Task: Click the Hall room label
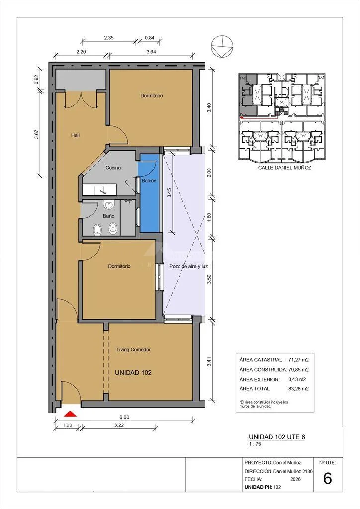pos(75,135)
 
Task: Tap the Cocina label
pos(113,168)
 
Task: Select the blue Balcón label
pos(149,181)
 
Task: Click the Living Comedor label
pos(133,350)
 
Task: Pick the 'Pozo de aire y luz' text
pos(188,266)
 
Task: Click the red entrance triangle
pos(70,414)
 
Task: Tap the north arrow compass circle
pos(222,46)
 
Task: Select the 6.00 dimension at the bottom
pos(124,417)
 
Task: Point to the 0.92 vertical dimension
pos(36,80)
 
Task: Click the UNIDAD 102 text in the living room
pos(133,373)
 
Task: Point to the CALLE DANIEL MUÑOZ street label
pos(281,168)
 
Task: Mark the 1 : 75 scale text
pos(254,444)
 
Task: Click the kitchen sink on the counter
pos(103,191)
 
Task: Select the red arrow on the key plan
pos(259,118)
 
